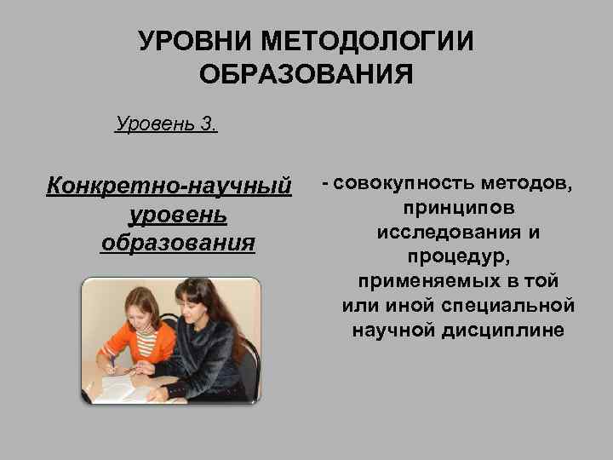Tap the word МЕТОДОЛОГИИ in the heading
coord(370,42)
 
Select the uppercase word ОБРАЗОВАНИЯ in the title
coord(306,74)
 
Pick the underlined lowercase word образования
coord(177,242)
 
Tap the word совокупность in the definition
coord(404,183)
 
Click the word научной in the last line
coord(395,330)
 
